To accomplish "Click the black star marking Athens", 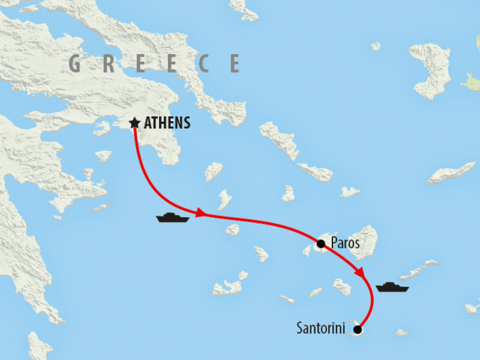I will point(134,124).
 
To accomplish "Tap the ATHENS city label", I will point(166,124).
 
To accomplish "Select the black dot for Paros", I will point(320,244).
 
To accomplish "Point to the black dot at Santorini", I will point(358,329).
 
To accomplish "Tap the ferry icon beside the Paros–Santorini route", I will point(392,287).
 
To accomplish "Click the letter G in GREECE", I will point(76,64).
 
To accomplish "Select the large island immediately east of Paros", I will point(363,241).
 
